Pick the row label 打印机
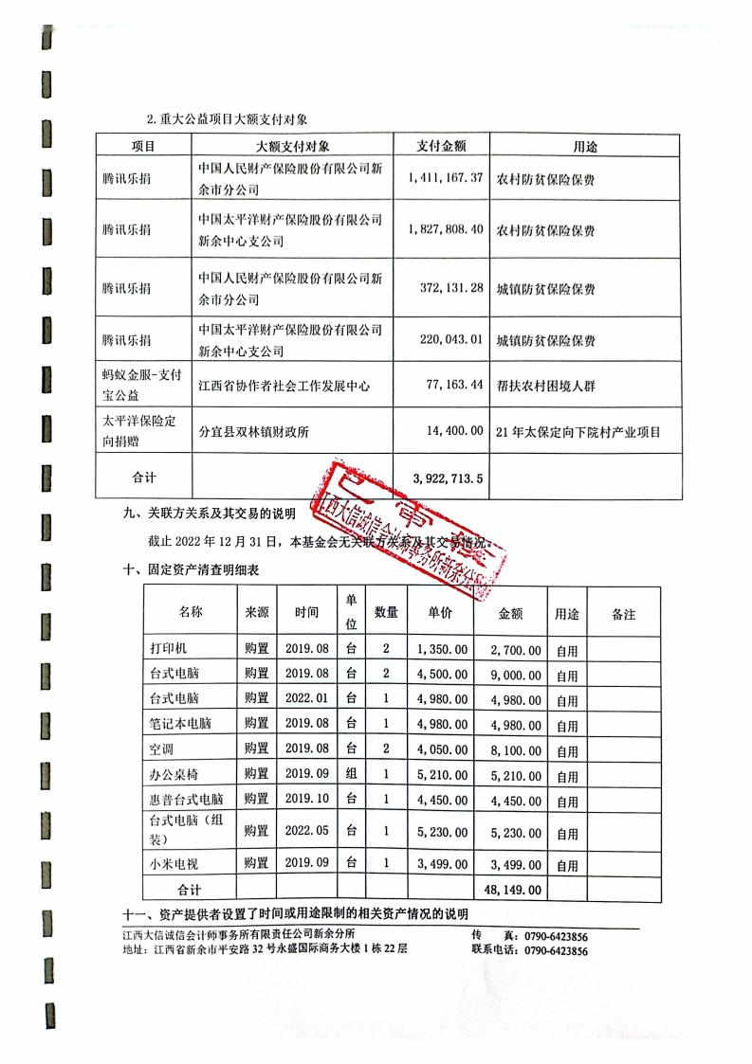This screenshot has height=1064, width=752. pyautogui.click(x=169, y=650)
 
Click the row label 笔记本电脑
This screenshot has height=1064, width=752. pyautogui.click(x=181, y=725)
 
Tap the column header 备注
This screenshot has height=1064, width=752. pyautogui.click(x=623, y=614)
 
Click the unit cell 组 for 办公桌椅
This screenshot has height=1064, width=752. pyautogui.click(x=351, y=774)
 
